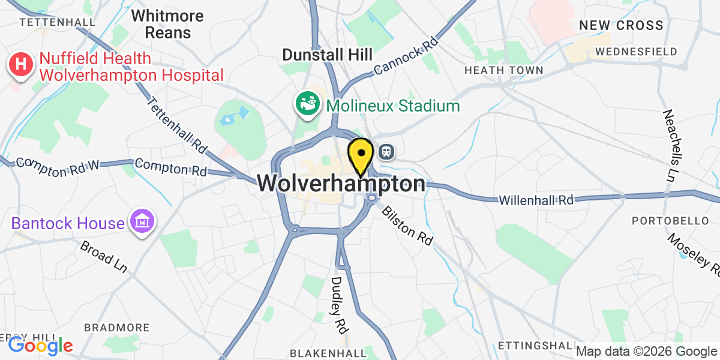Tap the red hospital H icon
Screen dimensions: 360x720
coord(20,67)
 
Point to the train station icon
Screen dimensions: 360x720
coord(387,151)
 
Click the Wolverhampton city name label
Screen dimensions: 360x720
coord(342,184)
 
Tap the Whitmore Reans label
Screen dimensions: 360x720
coord(167,24)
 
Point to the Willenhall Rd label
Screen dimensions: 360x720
coord(538,199)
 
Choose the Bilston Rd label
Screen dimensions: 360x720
coord(407,225)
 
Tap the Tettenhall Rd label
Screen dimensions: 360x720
coord(176,124)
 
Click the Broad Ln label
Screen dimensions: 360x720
coord(104,257)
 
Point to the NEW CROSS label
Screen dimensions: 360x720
coord(621,25)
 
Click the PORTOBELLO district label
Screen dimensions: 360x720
coord(670,221)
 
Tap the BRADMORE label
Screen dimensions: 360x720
coord(117,328)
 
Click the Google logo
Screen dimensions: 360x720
coord(40,345)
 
